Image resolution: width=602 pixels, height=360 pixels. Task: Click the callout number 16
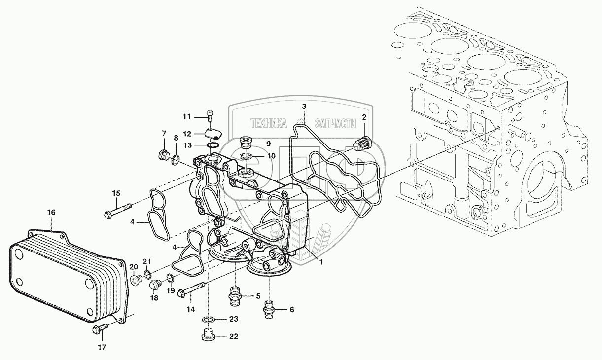coord(51,213)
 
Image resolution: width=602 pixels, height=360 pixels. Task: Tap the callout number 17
coord(102,347)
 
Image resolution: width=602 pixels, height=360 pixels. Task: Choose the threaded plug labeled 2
coord(361,144)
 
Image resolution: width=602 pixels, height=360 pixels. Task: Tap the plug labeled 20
coord(137,280)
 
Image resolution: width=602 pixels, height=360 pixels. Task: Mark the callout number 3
coord(304,107)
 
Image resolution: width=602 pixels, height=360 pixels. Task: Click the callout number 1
coord(321,262)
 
